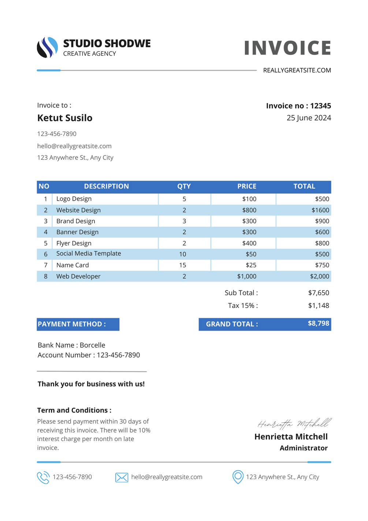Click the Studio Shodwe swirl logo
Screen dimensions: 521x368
coord(47,47)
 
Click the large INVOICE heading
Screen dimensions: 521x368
coord(287,48)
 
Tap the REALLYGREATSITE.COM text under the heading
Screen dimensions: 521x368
coord(297,70)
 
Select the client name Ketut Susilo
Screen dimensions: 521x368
coord(65,118)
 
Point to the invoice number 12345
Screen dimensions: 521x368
coord(320,106)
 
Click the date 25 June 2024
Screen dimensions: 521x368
coord(309,118)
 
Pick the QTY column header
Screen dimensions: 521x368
coord(184,186)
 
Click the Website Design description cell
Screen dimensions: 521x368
coord(78,210)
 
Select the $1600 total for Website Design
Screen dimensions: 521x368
coord(320,210)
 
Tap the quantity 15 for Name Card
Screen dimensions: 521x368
coord(183,265)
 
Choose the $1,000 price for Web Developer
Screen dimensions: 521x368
coord(247,276)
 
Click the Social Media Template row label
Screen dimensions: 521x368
coord(89,254)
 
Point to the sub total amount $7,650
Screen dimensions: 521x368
coord(319,293)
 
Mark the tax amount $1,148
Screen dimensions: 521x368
coord(319,306)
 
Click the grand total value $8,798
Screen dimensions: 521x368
coord(318,323)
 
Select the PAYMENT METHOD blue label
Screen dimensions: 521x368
coord(78,324)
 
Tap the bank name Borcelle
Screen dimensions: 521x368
coord(92,345)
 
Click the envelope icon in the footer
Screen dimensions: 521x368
coord(122,477)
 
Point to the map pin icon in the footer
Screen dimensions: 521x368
coord(238,477)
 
